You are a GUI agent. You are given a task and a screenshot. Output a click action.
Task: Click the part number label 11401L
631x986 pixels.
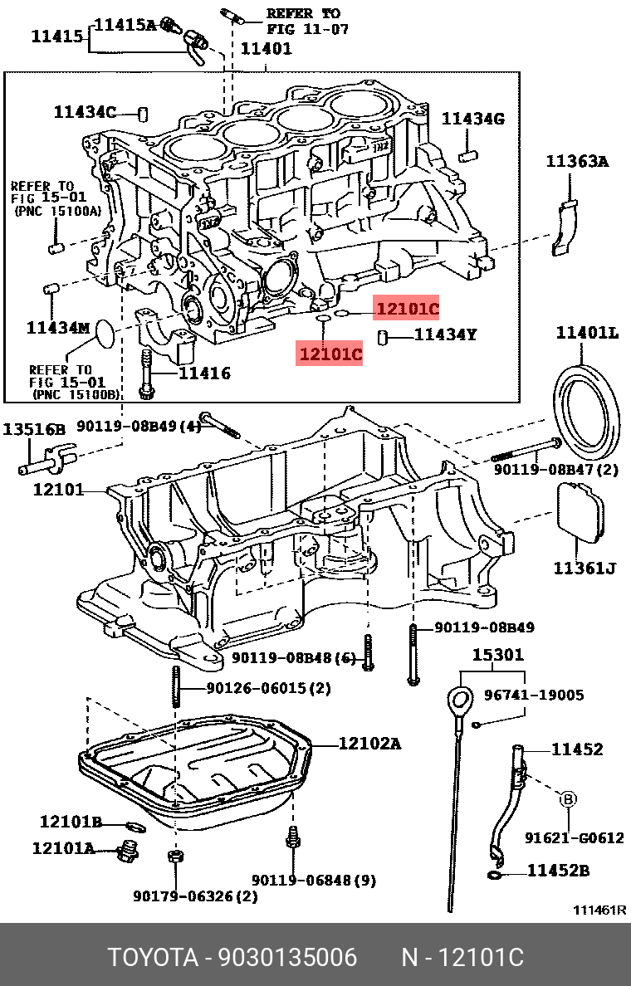coord(587,333)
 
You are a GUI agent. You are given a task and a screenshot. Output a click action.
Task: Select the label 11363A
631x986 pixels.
coord(576,162)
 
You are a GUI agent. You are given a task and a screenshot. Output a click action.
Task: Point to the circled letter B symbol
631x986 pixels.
coord(568,799)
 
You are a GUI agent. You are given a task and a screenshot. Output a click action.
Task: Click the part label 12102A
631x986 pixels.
coord(369,744)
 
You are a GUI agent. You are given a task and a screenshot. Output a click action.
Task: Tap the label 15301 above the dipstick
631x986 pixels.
coord(498,655)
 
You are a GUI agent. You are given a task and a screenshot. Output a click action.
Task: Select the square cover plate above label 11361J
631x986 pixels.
coord(580,512)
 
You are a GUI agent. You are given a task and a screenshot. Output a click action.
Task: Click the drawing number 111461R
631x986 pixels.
coord(599,910)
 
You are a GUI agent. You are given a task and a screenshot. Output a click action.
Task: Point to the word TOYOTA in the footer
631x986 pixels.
coord(153,958)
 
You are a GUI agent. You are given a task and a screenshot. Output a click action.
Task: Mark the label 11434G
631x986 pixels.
coord(472,120)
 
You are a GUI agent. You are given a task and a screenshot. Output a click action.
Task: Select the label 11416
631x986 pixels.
coord(205,373)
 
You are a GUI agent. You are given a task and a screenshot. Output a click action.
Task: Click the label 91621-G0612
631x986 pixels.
coord(574,838)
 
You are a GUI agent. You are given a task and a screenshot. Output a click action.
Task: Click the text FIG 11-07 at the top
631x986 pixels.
coord(307,28)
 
